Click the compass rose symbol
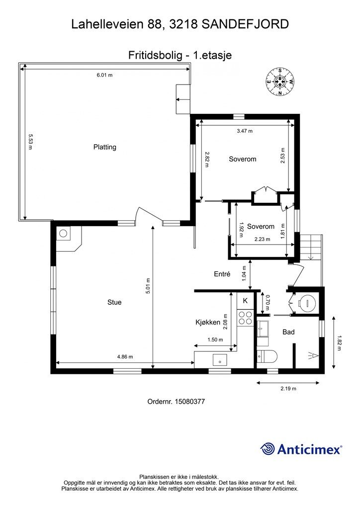coord(280,82)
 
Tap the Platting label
coord(104,147)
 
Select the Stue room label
coord(114,302)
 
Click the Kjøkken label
coord(208,322)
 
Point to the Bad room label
coord(288,332)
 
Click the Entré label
coord(222,274)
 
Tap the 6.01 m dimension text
coord(104,75)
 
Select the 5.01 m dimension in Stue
coord(148,286)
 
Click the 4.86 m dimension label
coord(125,357)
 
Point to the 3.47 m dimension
coord(245,131)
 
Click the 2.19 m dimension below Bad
coord(288,388)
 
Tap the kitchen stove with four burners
coord(245,318)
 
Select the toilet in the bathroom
coord(267,356)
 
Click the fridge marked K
coord(245,301)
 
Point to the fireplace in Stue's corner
coord(68,239)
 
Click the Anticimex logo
coord(301,449)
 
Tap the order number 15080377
coord(176,402)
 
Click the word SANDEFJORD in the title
coord(246,24)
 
